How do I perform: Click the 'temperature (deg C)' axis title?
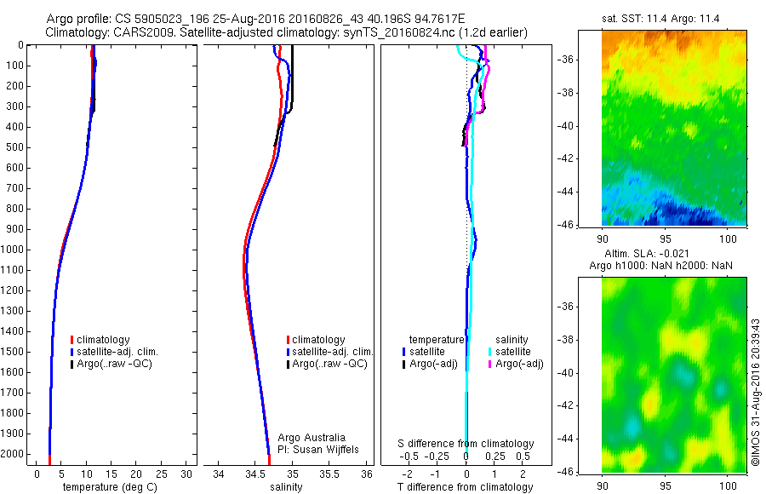click(x=106, y=487)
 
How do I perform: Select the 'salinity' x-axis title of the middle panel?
click(x=286, y=487)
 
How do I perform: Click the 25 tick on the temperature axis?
click(x=162, y=474)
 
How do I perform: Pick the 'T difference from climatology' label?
click(x=466, y=487)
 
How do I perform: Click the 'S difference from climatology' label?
click(x=466, y=444)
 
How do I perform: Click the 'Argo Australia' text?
click(x=312, y=438)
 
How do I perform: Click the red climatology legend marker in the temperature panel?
click(x=72, y=340)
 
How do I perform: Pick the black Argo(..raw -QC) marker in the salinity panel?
click(x=288, y=364)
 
